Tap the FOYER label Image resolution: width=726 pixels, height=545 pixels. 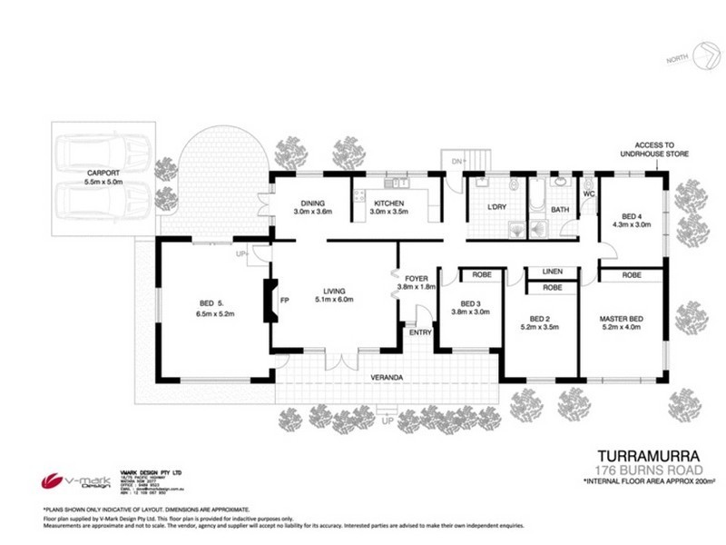point(417,279)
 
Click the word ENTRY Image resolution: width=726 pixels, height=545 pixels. point(420,332)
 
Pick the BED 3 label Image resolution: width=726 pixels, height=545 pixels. point(469,302)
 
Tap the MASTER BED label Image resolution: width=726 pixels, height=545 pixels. point(622,318)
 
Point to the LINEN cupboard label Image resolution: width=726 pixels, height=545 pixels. point(552,272)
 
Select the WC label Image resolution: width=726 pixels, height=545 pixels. point(589,193)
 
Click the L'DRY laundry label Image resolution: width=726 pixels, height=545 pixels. point(497,209)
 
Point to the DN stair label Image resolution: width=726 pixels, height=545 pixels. point(458,161)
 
